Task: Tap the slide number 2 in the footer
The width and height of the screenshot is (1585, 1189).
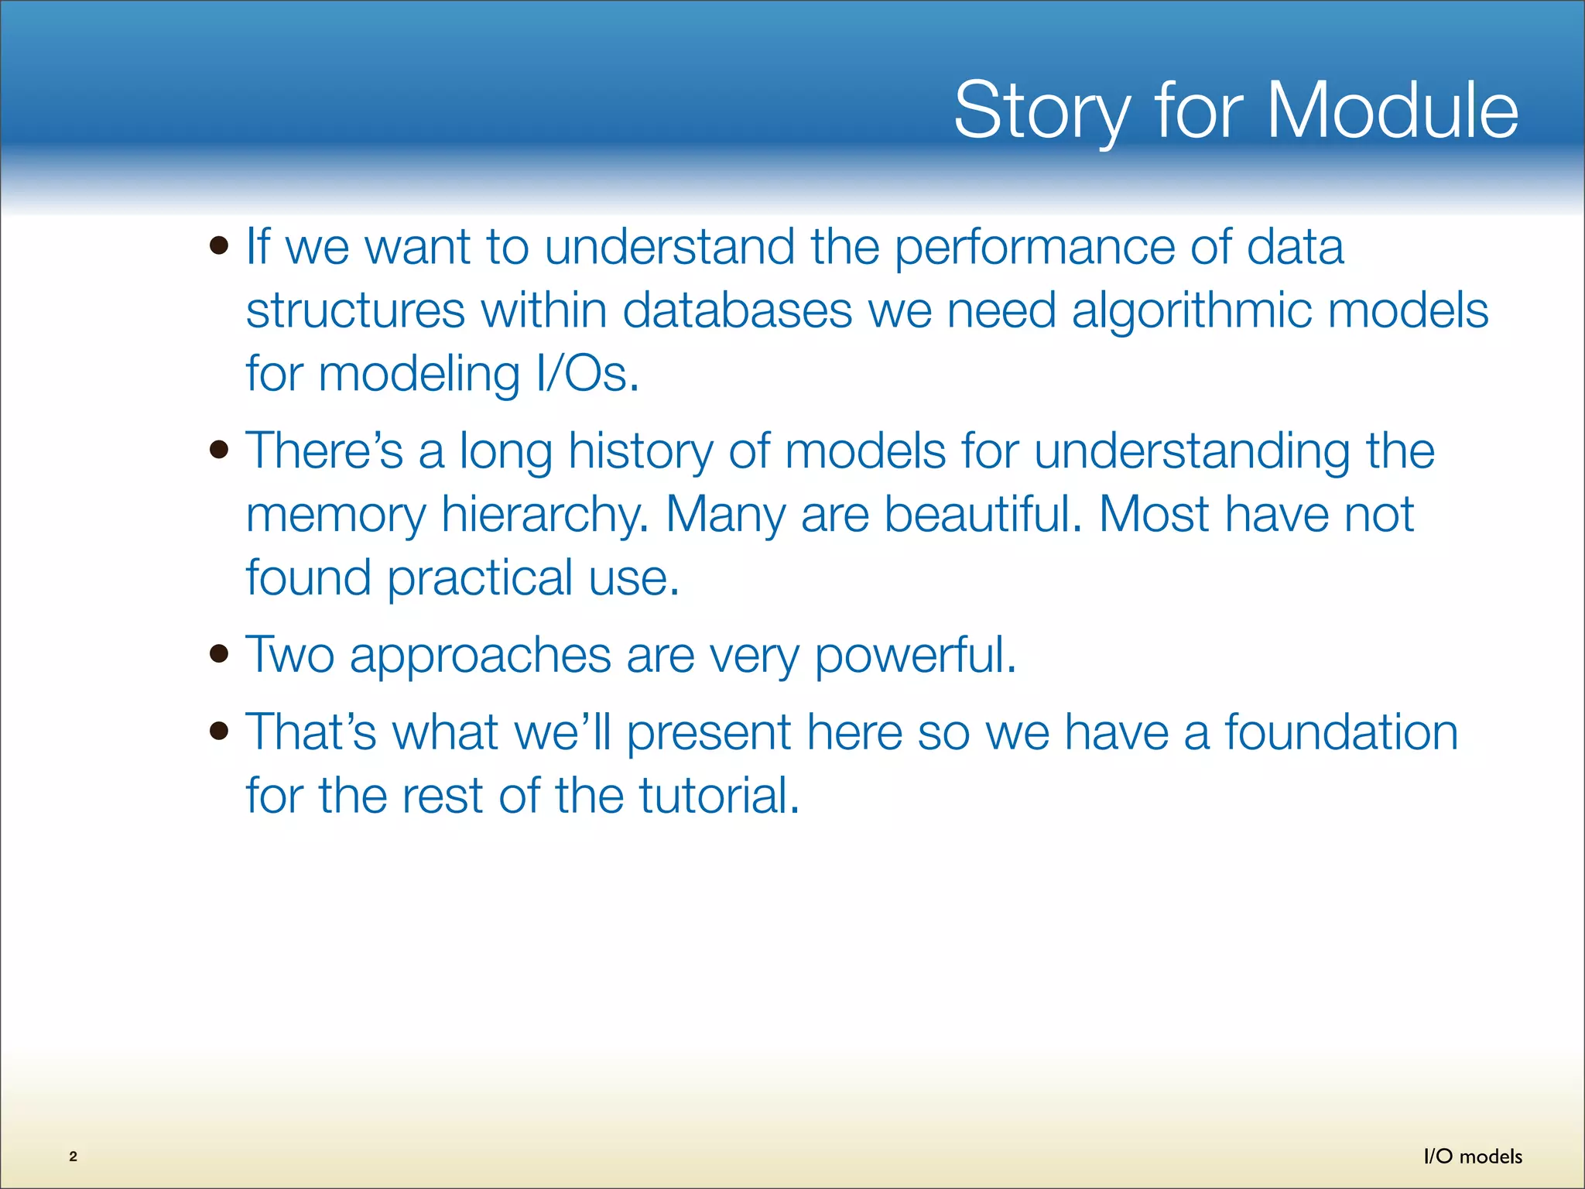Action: point(74,1156)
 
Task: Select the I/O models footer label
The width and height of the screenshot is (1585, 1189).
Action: point(1473,1156)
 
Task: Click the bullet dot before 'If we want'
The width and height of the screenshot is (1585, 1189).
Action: point(219,246)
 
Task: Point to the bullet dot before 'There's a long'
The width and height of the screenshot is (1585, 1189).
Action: point(219,450)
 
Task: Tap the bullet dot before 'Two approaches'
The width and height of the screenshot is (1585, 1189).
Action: point(219,654)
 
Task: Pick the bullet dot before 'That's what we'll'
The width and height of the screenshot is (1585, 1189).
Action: point(219,731)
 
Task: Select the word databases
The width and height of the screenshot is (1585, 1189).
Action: point(738,310)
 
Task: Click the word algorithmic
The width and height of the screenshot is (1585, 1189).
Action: point(1192,313)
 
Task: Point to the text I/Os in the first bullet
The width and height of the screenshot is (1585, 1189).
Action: point(587,374)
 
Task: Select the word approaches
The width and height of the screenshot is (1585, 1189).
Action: point(481,657)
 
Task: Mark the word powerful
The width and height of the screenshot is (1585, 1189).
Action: point(916,657)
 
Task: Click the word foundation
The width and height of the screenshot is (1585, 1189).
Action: point(1341,732)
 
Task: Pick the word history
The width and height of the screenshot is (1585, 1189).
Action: point(641,453)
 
